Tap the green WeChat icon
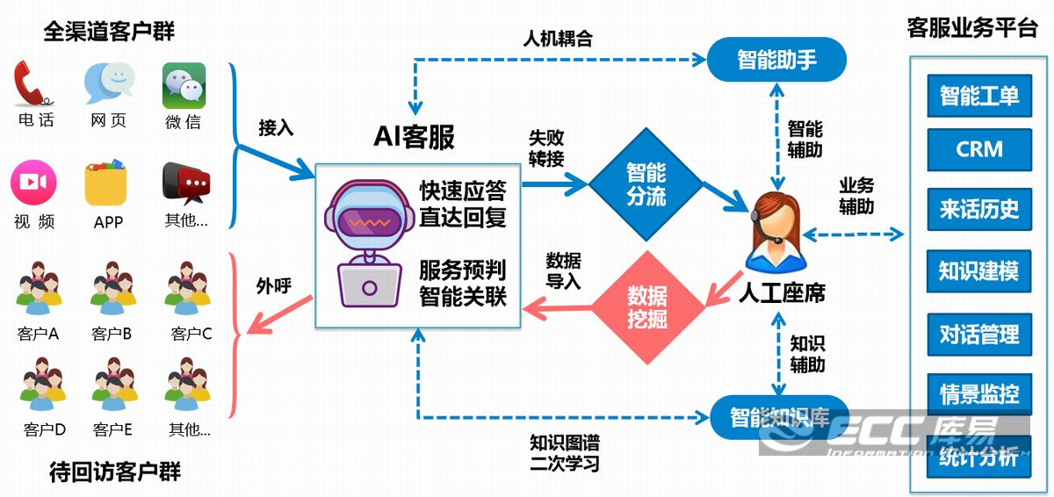point(184,85)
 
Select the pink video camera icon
point(33,182)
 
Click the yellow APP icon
point(107,183)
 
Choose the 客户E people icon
point(113,386)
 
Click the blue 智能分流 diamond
point(646,184)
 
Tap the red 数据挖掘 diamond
point(647,306)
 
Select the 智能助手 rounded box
point(776,61)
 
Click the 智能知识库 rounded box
point(779,417)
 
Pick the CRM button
point(979,150)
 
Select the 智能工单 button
point(979,96)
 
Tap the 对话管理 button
point(979,335)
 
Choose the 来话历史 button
point(979,210)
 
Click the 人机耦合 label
point(557,39)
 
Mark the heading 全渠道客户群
point(109,32)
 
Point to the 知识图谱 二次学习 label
point(565,452)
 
